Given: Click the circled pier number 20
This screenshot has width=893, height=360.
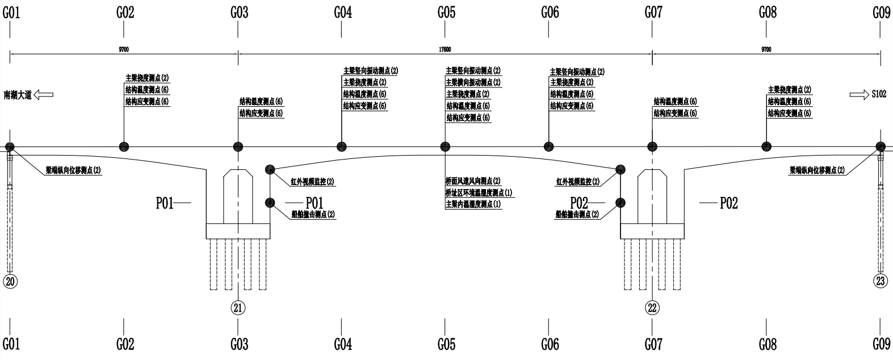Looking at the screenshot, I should [x=11, y=281].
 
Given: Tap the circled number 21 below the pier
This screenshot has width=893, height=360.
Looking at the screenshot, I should [x=238, y=308].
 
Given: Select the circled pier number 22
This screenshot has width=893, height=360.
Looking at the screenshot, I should [x=652, y=308].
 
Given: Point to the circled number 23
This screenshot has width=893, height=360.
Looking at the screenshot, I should [x=881, y=281].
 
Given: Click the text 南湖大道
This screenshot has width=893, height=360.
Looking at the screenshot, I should [x=17, y=95].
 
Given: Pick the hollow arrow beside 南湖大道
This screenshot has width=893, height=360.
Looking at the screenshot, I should [x=44, y=95].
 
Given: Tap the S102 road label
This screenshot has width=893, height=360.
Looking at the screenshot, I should [x=879, y=95].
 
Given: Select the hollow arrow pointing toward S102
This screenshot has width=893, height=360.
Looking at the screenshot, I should [x=859, y=95].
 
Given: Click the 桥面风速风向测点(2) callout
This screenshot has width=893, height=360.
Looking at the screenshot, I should [x=473, y=181].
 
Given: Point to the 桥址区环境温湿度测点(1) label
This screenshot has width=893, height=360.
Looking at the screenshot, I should [x=479, y=192].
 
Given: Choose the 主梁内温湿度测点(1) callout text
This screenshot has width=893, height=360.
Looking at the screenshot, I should [x=473, y=204].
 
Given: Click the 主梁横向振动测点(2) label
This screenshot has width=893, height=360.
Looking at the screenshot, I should [x=473, y=82].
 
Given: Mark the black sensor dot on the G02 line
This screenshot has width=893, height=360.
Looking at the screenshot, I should [x=124, y=146].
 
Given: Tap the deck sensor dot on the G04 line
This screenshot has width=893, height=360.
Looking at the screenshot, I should [x=341, y=146].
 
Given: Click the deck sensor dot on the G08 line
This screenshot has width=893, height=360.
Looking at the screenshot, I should [x=766, y=146].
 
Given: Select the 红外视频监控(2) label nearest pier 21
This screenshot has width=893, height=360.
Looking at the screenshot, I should [x=312, y=182].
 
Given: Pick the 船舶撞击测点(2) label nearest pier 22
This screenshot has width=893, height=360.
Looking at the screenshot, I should [x=577, y=215].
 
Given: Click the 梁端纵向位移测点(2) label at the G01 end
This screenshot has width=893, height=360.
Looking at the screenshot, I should [x=74, y=170].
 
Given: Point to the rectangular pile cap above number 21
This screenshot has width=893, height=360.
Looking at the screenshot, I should [x=238, y=231].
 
